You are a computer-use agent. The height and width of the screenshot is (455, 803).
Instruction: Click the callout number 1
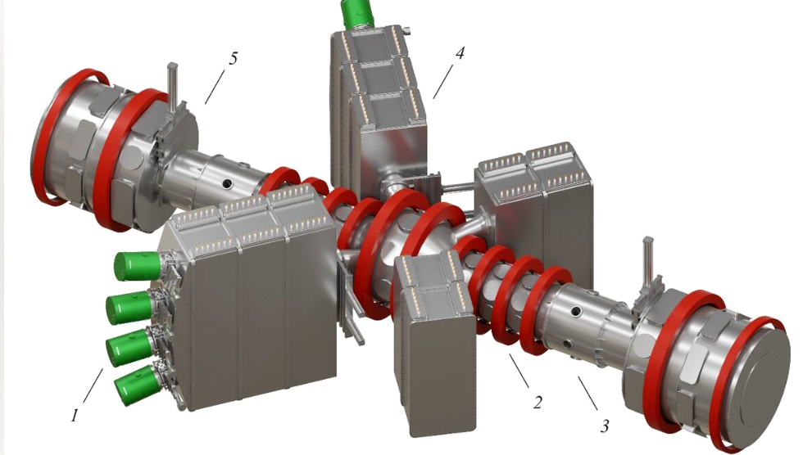pos(75,415)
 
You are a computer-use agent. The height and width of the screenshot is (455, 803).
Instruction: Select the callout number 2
pos(537,403)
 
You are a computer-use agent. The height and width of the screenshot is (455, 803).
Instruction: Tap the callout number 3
pos(605,426)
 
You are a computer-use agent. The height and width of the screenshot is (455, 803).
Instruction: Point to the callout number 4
pos(460,52)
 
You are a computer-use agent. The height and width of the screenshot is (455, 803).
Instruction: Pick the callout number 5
pos(233,58)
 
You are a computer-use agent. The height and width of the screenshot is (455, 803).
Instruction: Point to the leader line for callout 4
pos(443,81)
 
